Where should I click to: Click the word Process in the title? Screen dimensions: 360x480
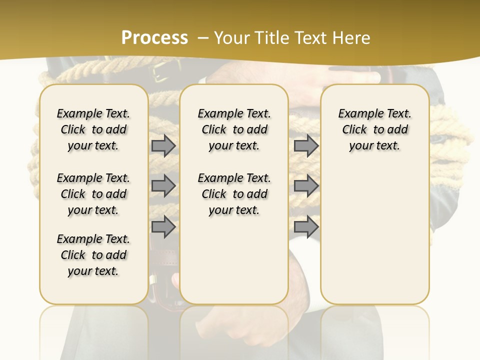pyautogui.click(x=154, y=38)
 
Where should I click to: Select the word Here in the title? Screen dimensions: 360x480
pyautogui.click(x=352, y=38)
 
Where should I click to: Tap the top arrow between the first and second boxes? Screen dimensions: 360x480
pyautogui.click(x=163, y=145)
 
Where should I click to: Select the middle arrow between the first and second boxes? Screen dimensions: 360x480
pyautogui.click(x=163, y=186)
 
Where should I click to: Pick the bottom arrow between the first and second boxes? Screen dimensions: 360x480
pyautogui.click(x=163, y=226)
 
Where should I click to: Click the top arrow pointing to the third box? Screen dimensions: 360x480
pyautogui.click(x=306, y=145)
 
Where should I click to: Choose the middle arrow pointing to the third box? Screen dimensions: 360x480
pyautogui.click(x=306, y=186)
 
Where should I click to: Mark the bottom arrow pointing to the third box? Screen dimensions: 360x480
pyautogui.click(x=306, y=226)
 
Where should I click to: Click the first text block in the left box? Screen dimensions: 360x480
pyautogui.click(x=93, y=129)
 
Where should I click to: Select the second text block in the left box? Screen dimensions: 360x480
pyautogui.click(x=93, y=194)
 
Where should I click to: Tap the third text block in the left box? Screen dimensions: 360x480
pyautogui.click(x=93, y=255)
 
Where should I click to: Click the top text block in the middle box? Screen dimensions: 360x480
pyautogui.click(x=234, y=129)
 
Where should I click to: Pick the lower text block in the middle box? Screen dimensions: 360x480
pyautogui.click(x=234, y=194)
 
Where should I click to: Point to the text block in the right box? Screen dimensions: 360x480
pyautogui.click(x=374, y=129)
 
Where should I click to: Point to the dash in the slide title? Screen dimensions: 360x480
pyautogui.click(x=203, y=38)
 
